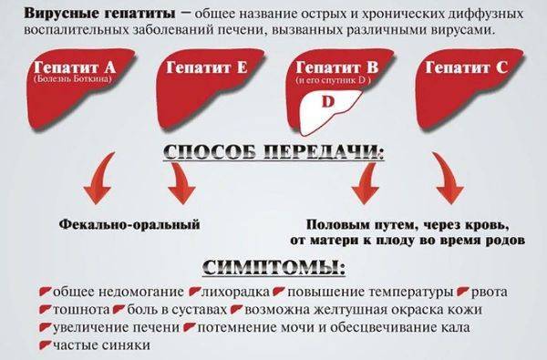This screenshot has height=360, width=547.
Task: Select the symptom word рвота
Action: [493, 293]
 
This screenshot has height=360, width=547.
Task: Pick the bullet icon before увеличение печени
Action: [45, 328]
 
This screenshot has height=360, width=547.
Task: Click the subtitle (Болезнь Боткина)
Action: [68, 79]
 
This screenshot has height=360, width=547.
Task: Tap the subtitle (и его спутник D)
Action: [330, 81]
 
